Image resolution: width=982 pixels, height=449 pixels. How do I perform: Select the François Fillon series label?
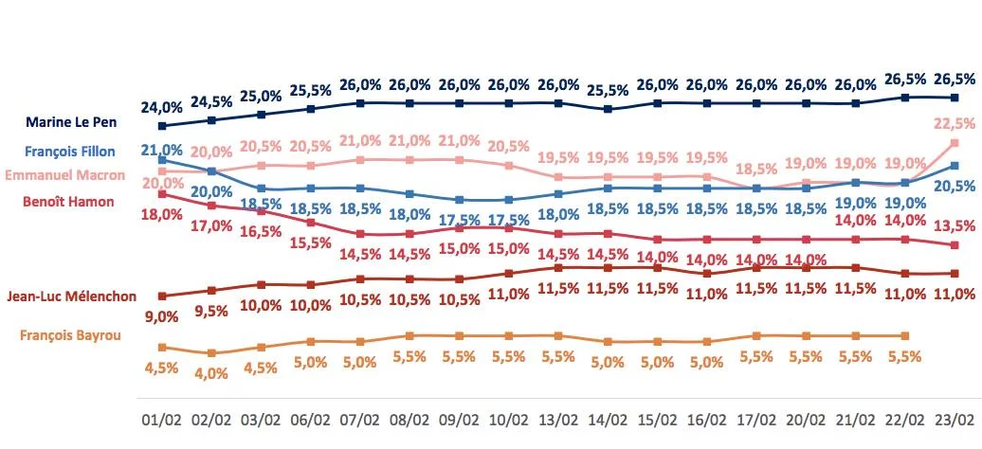point(70,152)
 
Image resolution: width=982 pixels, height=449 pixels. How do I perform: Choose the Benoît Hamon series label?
point(70,201)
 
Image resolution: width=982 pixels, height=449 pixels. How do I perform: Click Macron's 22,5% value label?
point(955,122)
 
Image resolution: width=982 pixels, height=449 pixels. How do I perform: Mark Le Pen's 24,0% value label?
point(162,106)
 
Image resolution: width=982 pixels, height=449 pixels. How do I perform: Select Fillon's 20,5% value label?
point(955,186)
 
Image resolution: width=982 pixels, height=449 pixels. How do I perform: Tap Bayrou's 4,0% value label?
point(211,373)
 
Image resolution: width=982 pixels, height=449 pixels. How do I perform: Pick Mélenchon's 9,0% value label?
point(162,317)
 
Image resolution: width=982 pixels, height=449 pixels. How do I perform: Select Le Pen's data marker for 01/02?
point(162,126)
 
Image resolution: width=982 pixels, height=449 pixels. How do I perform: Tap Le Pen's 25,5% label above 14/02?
point(608,91)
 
